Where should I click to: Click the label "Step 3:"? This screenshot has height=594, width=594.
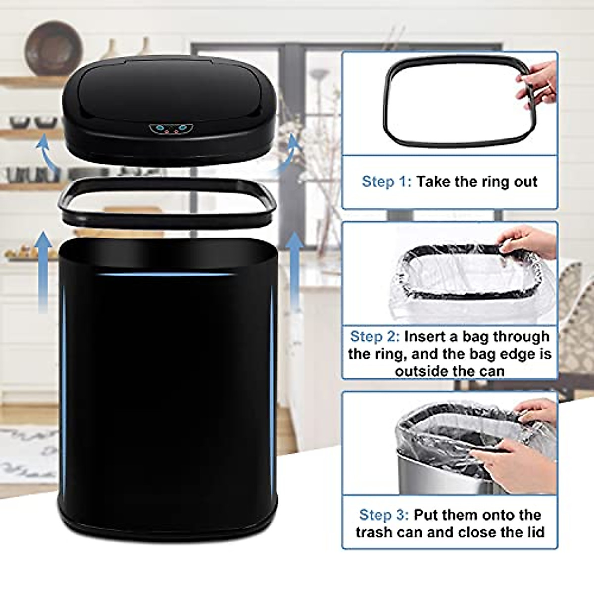point(384,515)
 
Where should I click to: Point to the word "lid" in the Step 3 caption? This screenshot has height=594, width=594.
point(533,532)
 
